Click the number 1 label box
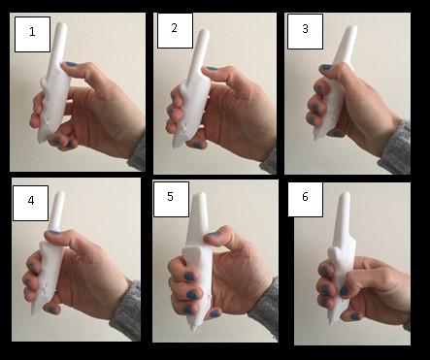click(x=32, y=34)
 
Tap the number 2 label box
click(x=175, y=30)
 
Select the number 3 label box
click(x=305, y=31)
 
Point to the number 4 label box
click(x=31, y=203)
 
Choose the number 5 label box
click(x=171, y=199)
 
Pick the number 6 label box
click(x=306, y=199)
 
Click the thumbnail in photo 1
click(x=71, y=64)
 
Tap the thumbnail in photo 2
click(x=212, y=68)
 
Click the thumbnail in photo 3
click(x=326, y=68)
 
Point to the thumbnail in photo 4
click(x=53, y=232)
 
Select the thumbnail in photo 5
click(x=213, y=234)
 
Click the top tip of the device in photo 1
click(x=62, y=24)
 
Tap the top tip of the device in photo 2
click(x=205, y=31)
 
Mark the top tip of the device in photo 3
click(x=353, y=27)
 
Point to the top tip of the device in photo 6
click(x=346, y=193)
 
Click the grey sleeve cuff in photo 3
click(x=395, y=149)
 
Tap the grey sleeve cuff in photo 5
click(x=264, y=309)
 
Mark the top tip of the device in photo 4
click(x=60, y=192)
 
